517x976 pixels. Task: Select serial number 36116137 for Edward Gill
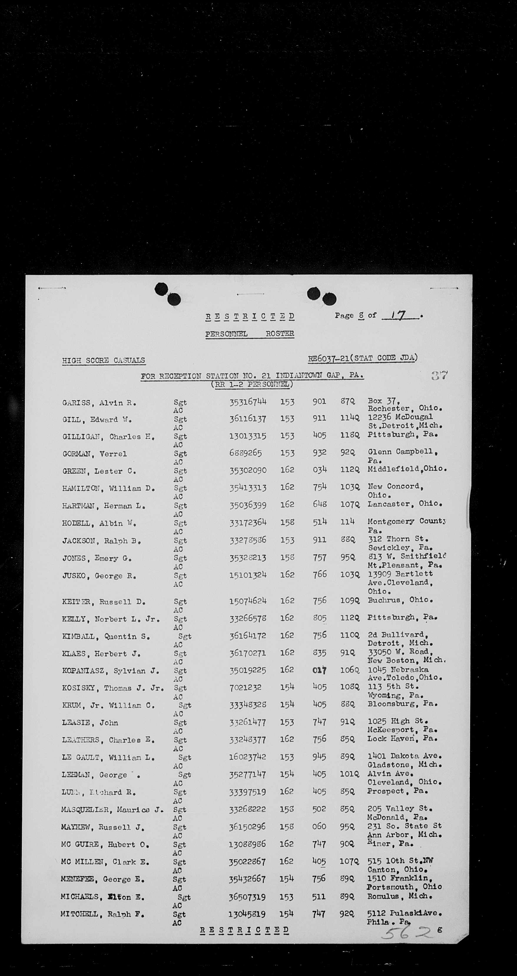(248, 419)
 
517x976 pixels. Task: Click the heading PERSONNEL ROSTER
(250, 334)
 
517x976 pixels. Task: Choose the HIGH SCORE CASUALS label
(103, 360)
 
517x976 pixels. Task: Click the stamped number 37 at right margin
(439, 376)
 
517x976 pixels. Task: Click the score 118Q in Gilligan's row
(349, 435)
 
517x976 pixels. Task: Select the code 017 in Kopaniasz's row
(319, 670)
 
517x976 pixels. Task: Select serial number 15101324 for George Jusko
(248, 575)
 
